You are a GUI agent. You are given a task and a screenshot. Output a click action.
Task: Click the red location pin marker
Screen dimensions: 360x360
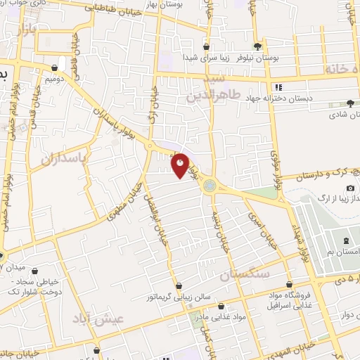(181, 166)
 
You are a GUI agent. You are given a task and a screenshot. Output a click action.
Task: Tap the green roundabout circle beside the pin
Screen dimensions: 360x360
(209, 185)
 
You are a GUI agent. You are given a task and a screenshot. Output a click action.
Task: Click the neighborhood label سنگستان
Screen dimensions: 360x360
(243, 275)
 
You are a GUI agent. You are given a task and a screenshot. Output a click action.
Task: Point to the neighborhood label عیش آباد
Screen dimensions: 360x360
(98, 319)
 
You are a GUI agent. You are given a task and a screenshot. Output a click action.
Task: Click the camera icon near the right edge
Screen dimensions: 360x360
(350, 188)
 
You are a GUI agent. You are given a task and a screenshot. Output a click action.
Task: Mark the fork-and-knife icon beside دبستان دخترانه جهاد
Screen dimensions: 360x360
(278, 87)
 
